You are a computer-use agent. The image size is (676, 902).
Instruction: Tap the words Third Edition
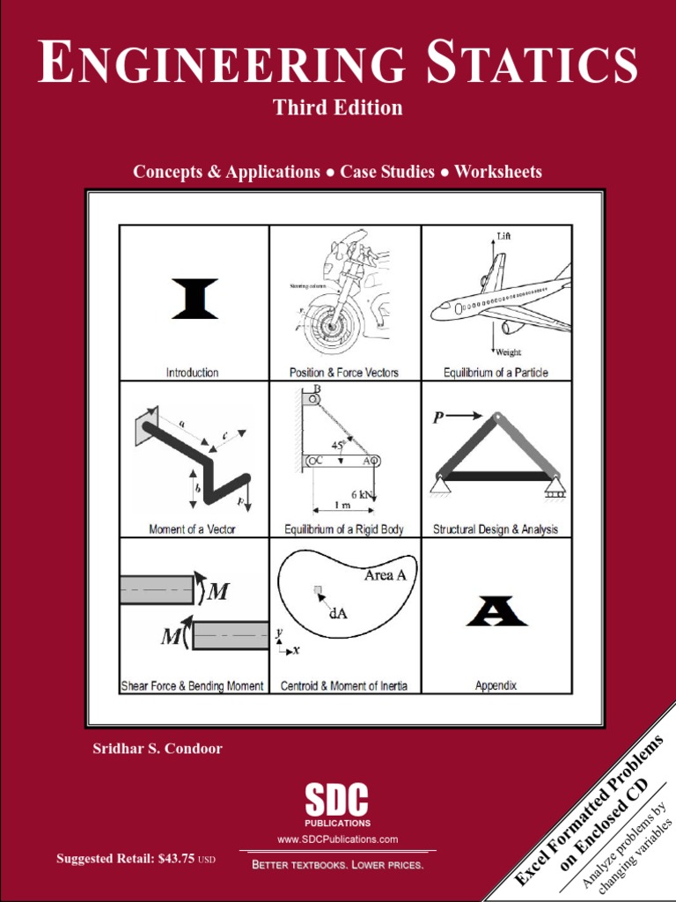(x=338, y=107)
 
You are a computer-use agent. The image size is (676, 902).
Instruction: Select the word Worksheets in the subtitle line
(x=498, y=172)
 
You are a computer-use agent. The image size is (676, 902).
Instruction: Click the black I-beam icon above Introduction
(x=195, y=299)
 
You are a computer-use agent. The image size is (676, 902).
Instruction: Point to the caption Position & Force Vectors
(x=344, y=373)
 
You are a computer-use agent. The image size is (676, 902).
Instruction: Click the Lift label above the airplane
(x=503, y=237)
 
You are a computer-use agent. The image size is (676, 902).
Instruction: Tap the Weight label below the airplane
(x=508, y=352)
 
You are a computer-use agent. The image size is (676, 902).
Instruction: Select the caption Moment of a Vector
(x=192, y=529)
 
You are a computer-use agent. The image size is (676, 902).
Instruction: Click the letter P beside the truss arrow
(x=438, y=418)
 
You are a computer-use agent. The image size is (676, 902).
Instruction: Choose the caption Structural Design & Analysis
(x=496, y=529)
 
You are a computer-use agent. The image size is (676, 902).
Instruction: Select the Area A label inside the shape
(x=385, y=575)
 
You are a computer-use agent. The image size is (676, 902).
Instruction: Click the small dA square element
(x=319, y=590)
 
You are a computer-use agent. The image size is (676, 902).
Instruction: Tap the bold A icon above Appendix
(x=496, y=610)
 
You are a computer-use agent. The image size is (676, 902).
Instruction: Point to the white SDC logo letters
(x=336, y=801)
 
